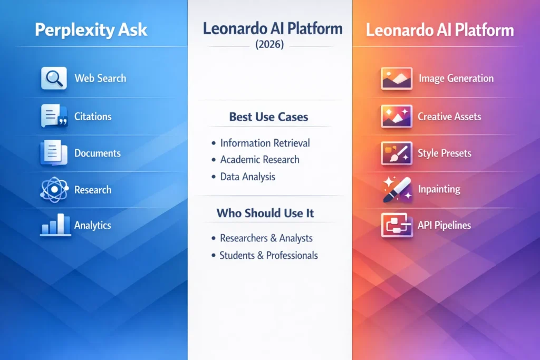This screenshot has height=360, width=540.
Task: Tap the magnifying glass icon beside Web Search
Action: click(x=54, y=78)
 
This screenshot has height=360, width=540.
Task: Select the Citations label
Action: click(x=93, y=116)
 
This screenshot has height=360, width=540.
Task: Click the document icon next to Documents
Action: click(x=54, y=153)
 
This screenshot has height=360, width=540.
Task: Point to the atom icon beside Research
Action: click(x=54, y=190)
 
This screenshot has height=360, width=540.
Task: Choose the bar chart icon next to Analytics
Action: click(x=55, y=225)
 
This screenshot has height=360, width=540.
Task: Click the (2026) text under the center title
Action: click(x=269, y=45)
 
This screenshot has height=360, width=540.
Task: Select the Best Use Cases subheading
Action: click(x=269, y=117)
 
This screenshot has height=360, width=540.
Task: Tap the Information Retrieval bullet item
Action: click(x=265, y=143)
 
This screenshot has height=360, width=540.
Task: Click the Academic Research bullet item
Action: click(x=259, y=160)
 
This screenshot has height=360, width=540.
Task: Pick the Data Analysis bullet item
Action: click(x=247, y=177)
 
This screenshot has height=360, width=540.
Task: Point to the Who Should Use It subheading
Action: click(x=265, y=213)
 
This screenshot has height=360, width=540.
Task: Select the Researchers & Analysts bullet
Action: click(x=266, y=238)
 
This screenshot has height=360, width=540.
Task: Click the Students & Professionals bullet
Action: click(x=268, y=256)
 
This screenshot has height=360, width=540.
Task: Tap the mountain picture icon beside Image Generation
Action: click(x=397, y=78)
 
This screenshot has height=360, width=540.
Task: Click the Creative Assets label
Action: click(x=449, y=116)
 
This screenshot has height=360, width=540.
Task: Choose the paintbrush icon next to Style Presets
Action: click(x=397, y=153)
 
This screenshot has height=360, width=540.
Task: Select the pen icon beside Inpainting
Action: click(x=397, y=190)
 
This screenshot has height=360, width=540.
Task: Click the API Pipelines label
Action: click(x=444, y=225)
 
